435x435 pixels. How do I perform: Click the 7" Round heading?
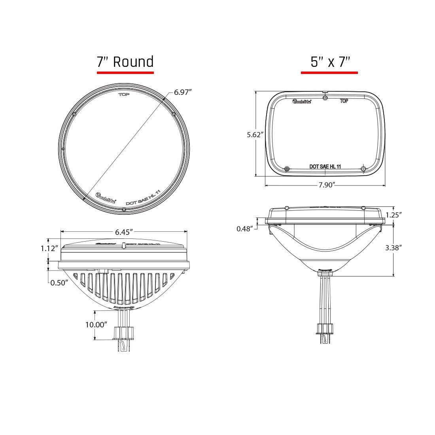125,62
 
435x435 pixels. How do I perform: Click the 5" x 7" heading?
330,62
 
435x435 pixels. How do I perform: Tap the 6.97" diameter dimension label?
183,92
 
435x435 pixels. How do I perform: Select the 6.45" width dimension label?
123,232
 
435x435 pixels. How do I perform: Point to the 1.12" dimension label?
50,248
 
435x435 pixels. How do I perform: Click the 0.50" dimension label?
59,283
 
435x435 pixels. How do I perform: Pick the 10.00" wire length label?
96,325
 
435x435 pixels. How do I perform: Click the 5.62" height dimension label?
255,134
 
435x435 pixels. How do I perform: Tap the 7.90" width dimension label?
327,185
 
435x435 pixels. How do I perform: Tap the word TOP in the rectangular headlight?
344,101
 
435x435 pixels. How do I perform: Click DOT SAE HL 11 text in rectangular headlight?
325,166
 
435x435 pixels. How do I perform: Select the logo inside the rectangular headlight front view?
302,102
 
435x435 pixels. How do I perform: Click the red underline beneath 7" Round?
125,73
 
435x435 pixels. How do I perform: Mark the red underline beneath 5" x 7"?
329,73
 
